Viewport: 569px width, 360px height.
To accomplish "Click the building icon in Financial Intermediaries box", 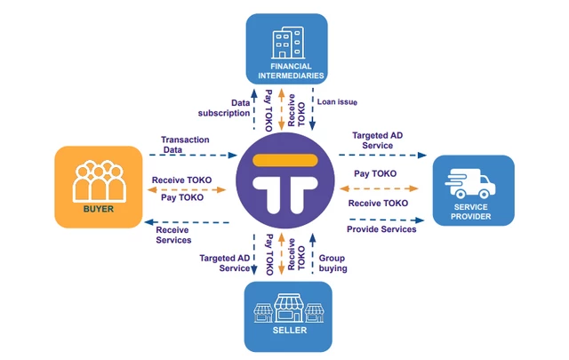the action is (x=288, y=43).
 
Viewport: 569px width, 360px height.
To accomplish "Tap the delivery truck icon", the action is (x=470, y=183).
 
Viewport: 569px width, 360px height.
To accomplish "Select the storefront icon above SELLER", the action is (x=288, y=308).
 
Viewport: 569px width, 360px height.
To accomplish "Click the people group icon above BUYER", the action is (x=99, y=181).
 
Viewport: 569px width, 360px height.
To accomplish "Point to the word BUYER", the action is (x=99, y=209).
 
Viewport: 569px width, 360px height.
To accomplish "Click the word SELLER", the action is (x=290, y=331).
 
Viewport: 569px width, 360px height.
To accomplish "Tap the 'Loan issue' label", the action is (x=337, y=102).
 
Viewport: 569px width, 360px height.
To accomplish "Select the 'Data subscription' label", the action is (x=224, y=108).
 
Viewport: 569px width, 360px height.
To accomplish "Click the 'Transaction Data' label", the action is (x=185, y=144).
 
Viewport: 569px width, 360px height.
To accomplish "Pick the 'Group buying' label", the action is (x=333, y=263).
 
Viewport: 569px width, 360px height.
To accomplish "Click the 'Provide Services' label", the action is (x=381, y=229).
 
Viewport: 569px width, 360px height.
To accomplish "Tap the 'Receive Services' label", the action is (x=173, y=235).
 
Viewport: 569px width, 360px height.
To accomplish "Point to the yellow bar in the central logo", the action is (x=285, y=160).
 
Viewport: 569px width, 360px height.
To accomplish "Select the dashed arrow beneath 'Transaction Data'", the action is (x=193, y=156).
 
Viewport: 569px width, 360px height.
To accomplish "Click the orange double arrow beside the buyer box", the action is (x=187, y=189).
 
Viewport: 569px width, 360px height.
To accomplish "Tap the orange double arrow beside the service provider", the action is (x=379, y=188).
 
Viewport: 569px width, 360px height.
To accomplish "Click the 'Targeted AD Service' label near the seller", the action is (x=225, y=263).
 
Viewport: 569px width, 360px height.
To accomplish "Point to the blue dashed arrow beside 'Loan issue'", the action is (x=312, y=108).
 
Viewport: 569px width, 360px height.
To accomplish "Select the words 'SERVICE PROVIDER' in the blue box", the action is (x=470, y=212).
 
